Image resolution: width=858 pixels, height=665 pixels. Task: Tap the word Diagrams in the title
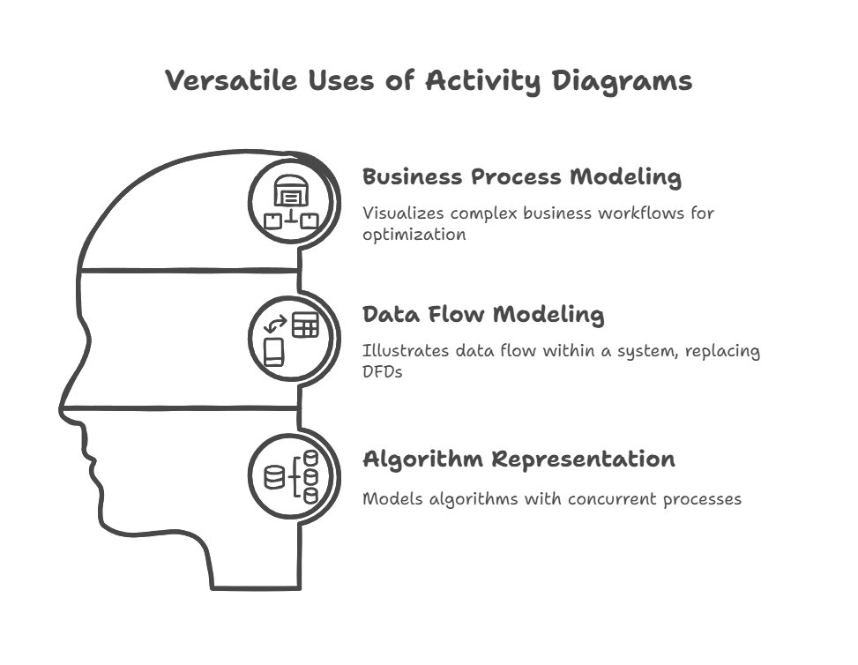[623, 82]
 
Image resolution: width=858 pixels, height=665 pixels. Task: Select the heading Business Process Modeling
[521, 177]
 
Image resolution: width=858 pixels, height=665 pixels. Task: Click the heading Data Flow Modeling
[483, 315]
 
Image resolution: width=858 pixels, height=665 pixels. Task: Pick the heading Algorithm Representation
[519, 460]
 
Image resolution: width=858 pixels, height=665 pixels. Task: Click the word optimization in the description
[414, 235]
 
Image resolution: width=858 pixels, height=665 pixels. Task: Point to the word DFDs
[383, 373]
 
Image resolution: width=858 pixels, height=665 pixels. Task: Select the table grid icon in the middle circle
[305, 325]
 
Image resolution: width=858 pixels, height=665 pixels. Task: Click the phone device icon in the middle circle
[274, 353]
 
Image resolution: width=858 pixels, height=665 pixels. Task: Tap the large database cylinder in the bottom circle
[275, 477]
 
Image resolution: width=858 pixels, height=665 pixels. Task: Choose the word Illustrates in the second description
[406, 350]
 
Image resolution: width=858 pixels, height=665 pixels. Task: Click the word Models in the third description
[392, 499]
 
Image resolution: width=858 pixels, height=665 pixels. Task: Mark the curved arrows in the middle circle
[276, 325]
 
